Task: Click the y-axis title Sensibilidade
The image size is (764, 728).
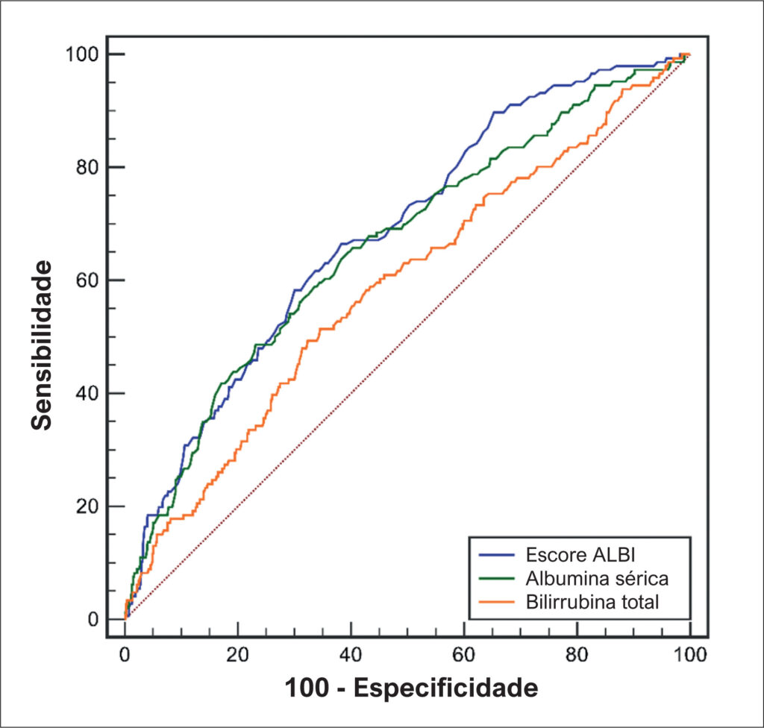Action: pyautogui.click(x=42, y=345)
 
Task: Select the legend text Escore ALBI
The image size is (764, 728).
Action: pyautogui.click(x=580, y=555)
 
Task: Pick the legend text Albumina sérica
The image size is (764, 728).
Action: pyautogui.click(x=597, y=578)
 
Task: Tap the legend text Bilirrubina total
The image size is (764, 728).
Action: pyautogui.click(x=592, y=602)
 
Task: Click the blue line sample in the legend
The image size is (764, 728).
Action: pyautogui.click(x=496, y=555)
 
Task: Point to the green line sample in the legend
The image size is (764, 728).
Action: pyautogui.click(x=496, y=578)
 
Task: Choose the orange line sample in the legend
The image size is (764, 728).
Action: pyautogui.click(x=496, y=602)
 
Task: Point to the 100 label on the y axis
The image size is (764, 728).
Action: pyautogui.click(x=82, y=54)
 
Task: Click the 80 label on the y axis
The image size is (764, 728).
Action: pyautogui.click(x=88, y=167)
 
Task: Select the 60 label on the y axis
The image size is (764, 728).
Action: pyautogui.click(x=88, y=280)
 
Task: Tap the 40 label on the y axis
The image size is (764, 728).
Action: pyautogui.click(x=88, y=393)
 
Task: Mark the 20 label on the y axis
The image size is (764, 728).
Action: pyautogui.click(x=88, y=506)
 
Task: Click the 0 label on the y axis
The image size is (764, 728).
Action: pyautogui.click(x=93, y=619)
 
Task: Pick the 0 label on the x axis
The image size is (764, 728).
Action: pyautogui.click(x=125, y=654)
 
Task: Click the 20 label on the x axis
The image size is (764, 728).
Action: pyautogui.click(x=238, y=654)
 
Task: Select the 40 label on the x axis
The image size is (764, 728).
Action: pyautogui.click(x=351, y=654)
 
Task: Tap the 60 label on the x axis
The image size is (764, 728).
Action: pyautogui.click(x=464, y=654)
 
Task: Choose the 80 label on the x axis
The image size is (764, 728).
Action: pyautogui.click(x=577, y=654)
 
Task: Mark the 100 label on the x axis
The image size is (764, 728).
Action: pyautogui.click(x=690, y=654)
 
